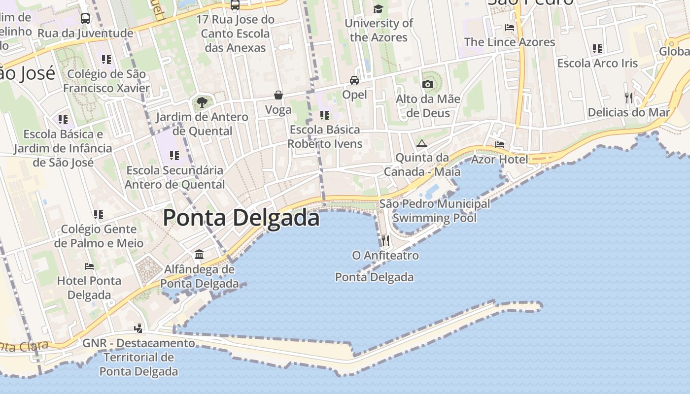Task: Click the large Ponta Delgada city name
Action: pos(241,217)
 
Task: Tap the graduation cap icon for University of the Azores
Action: pos(378,9)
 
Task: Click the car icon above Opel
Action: pos(354,80)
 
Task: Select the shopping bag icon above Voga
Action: pos(278,95)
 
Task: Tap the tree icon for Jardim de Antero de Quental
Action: pos(202,102)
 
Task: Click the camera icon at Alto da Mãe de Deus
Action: pos(428,84)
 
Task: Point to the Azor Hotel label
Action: pos(499,159)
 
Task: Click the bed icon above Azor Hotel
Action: pos(500,144)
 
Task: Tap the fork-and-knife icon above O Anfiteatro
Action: pos(385,241)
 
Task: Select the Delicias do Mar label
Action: pos(629,112)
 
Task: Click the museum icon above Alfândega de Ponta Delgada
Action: pos(199,254)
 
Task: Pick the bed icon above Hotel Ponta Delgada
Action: pos(89,266)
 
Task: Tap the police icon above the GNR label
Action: pos(138,328)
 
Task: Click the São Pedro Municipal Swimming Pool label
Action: pos(435,210)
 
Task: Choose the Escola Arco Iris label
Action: pos(597,63)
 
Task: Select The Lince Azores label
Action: pos(510,42)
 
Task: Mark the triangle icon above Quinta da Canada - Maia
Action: pos(421,144)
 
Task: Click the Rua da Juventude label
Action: pos(85,33)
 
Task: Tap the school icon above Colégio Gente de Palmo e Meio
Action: pos(99,215)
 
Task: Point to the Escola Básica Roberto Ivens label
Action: pos(325,136)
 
